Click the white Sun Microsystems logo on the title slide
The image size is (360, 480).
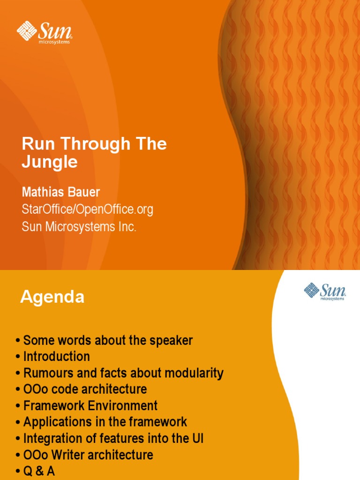[45, 32]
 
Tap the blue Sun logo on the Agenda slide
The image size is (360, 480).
[325, 291]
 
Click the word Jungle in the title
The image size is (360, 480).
[50, 162]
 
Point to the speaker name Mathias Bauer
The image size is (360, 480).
[60, 192]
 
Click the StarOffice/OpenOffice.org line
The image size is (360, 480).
[88, 210]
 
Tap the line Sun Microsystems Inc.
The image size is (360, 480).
[79, 227]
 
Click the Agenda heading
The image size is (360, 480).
[52, 297]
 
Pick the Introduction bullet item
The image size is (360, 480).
[56, 357]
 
